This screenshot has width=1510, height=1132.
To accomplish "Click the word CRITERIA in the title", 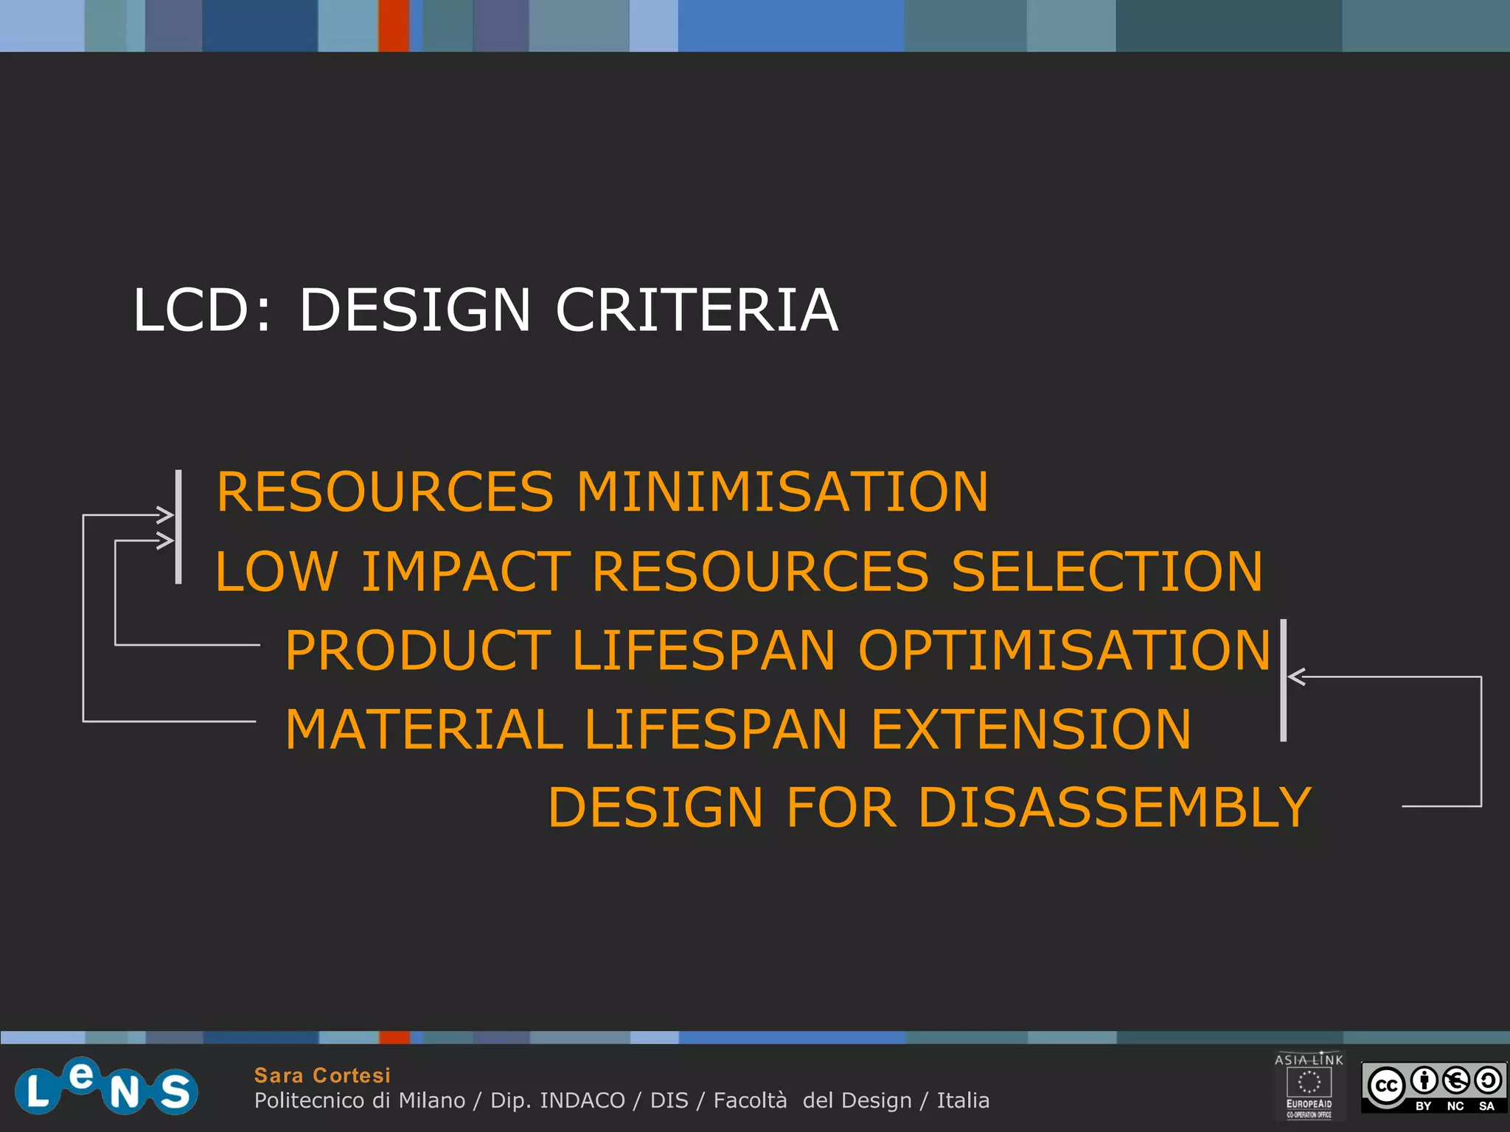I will [x=696, y=310].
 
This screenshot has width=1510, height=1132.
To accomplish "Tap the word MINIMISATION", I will [x=782, y=492].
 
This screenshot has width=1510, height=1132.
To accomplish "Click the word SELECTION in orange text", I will [x=1107, y=572].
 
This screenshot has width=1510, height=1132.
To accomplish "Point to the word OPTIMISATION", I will [x=1065, y=651].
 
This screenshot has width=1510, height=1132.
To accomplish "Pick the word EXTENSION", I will [x=1031, y=730].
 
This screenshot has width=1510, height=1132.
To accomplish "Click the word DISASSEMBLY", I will [x=1114, y=808].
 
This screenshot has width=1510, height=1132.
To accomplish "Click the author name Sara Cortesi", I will [x=322, y=1075].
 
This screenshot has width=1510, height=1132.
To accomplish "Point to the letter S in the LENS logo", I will [x=175, y=1091].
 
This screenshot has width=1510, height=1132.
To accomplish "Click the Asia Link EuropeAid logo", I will [x=1309, y=1086].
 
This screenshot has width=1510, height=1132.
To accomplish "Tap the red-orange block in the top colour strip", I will [x=394, y=25].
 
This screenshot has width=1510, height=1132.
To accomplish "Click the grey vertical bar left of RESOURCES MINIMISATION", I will [x=178, y=527].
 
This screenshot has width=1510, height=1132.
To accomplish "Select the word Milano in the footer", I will [x=432, y=1100].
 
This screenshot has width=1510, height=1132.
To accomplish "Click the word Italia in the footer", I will [x=963, y=1100].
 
